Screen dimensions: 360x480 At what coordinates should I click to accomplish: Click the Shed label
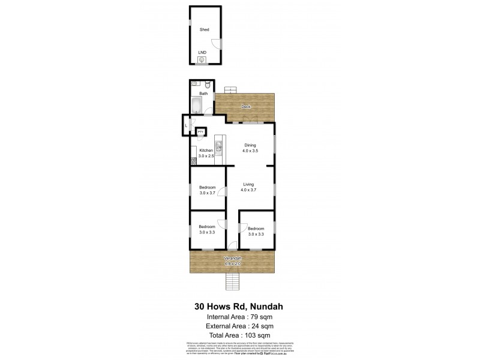click(x=204, y=29)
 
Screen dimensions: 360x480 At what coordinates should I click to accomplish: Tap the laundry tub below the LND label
click(x=203, y=60)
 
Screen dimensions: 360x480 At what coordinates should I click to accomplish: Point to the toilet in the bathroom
click(x=206, y=85)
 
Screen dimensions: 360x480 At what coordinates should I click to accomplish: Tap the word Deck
click(x=245, y=107)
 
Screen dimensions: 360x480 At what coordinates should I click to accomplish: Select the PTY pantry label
click(x=201, y=131)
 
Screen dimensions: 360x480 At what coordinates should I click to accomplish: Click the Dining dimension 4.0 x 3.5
click(x=250, y=151)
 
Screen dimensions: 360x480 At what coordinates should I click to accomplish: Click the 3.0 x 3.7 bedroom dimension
click(x=208, y=193)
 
